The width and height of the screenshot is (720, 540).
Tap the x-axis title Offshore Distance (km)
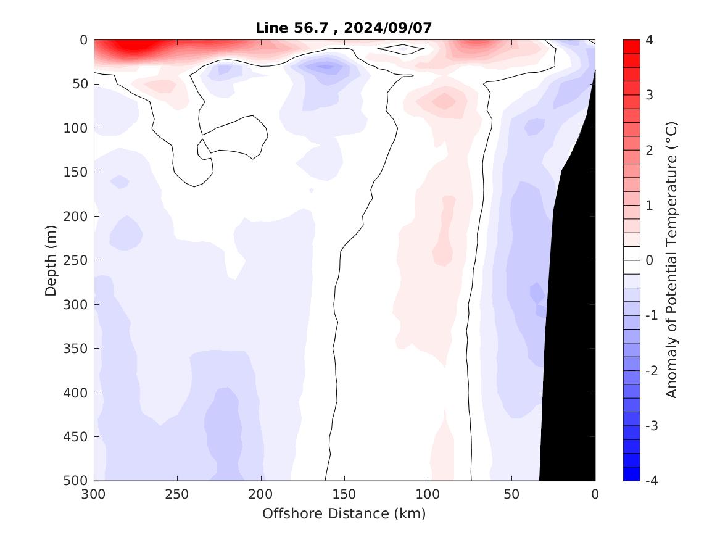coord(344,513)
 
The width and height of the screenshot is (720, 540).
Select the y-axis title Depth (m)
coord(51,260)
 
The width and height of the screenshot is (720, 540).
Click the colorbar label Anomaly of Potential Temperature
coord(672,260)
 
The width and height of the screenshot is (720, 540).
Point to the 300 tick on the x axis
coord(94,494)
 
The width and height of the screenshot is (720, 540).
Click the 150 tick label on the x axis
coord(344,494)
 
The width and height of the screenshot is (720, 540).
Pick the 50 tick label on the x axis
coord(511,494)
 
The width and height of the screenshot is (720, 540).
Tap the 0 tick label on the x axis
coord(595,494)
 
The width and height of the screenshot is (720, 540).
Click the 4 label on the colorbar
coord(650,40)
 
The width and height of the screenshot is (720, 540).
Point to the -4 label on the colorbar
coord(652,481)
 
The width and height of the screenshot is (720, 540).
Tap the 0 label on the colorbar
coord(650,260)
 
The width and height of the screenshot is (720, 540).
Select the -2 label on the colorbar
coord(652,371)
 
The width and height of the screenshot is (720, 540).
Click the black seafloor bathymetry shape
coord(571,309)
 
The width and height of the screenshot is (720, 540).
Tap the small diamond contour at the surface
coord(401,49)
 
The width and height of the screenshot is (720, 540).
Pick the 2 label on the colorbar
coord(650,151)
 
